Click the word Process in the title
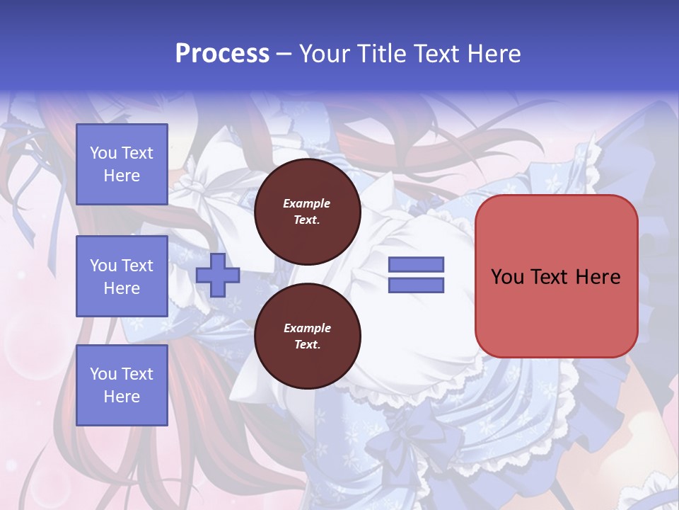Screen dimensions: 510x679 point(222,54)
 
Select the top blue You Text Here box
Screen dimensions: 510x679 point(122,164)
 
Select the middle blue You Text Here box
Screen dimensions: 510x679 point(122,276)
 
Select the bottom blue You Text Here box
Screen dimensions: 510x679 point(122,385)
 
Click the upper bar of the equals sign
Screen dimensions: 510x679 point(417,265)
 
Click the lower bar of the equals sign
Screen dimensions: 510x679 point(417,285)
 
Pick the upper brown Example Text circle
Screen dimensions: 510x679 point(307,211)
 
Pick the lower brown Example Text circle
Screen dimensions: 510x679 point(307,336)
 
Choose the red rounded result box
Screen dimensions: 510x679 point(556,276)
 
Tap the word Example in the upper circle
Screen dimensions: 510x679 point(307,203)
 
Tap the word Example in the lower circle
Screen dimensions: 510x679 point(307,328)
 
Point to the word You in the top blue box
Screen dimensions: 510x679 point(103,153)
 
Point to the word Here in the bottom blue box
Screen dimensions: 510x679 point(122,397)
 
